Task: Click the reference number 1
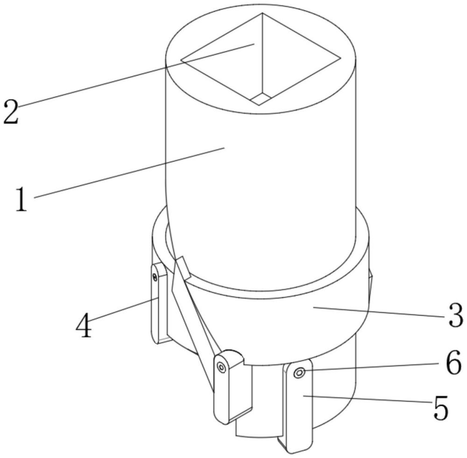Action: click(x=21, y=199)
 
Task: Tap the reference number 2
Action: click(x=11, y=112)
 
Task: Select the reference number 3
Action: click(x=455, y=315)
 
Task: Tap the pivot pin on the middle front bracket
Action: click(x=221, y=367)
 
